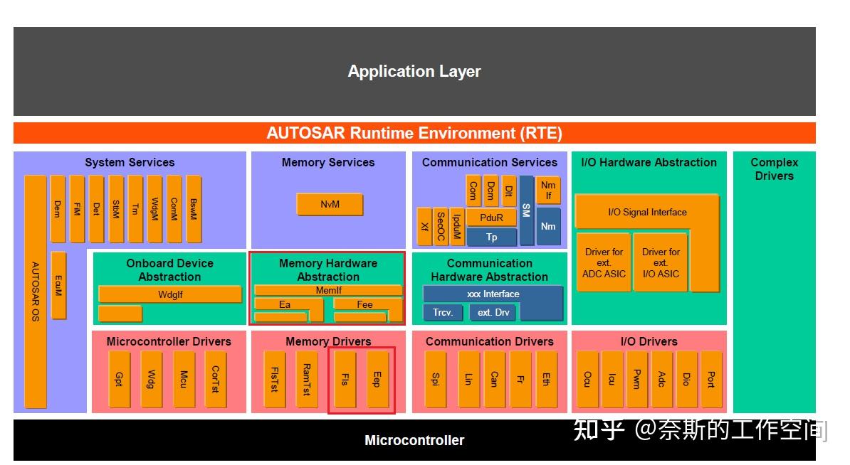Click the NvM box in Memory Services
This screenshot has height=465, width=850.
tap(330, 205)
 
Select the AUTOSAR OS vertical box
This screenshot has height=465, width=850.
tap(36, 292)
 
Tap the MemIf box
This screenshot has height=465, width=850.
tap(329, 290)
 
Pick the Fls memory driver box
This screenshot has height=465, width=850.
tap(345, 380)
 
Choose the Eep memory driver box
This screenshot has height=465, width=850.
tap(377, 380)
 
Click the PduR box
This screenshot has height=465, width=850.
tap(491, 218)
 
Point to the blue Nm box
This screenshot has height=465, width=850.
tap(548, 226)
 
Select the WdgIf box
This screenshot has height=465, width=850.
tap(170, 294)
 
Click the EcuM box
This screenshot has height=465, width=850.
tap(58, 285)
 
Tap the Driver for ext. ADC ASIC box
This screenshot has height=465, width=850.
tap(604, 262)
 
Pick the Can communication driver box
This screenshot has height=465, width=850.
tap(493, 380)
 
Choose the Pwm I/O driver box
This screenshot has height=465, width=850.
tap(636, 380)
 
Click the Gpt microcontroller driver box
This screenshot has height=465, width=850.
tap(119, 380)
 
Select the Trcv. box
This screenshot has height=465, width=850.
tap(443, 312)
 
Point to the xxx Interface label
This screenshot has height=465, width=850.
tap(493, 294)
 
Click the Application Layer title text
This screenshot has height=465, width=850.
tap(414, 71)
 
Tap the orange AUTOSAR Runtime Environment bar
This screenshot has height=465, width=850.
tap(414, 133)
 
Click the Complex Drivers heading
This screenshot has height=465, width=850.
tap(774, 169)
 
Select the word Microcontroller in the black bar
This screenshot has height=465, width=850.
tap(414, 440)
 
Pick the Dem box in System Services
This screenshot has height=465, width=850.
tap(58, 209)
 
